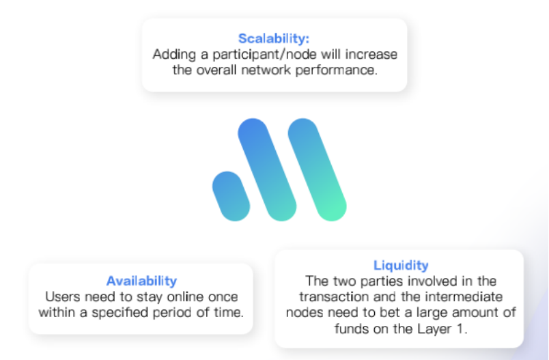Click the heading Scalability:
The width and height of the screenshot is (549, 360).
pyautogui.click(x=274, y=38)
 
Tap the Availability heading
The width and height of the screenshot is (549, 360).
pyautogui.click(x=141, y=281)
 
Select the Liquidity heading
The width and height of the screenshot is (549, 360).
pyautogui.click(x=401, y=266)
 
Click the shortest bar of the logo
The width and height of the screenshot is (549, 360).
pyautogui.click(x=231, y=196)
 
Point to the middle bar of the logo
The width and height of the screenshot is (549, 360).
pyautogui.click(x=267, y=170)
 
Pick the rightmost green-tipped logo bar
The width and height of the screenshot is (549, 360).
pyautogui.click(x=318, y=170)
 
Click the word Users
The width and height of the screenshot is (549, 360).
pyautogui.click(x=63, y=297)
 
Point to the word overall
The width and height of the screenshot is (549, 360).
pyautogui.click(x=216, y=70)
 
